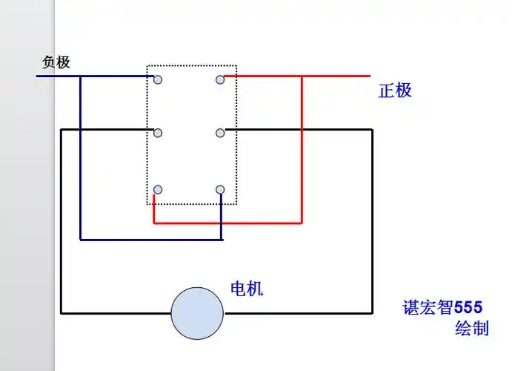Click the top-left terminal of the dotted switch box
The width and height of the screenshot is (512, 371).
point(158,79)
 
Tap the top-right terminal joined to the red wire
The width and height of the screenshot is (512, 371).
point(220,79)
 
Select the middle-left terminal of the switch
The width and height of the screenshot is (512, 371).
point(158,133)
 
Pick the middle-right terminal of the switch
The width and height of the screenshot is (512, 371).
point(220,133)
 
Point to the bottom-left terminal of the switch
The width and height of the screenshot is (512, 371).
point(158,190)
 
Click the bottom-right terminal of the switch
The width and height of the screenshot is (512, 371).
point(220,190)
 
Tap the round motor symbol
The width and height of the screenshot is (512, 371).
point(197,313)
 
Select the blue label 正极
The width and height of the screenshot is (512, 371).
point(395,91)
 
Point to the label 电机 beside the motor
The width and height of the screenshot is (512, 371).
point(247,289)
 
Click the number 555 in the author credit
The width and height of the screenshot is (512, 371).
point(468,307)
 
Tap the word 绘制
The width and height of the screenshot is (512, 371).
point(471,329)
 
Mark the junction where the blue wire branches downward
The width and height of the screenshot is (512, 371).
point(80,76)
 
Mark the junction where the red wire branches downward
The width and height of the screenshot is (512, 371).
point(302,76)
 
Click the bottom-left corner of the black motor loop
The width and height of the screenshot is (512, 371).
point(61,313)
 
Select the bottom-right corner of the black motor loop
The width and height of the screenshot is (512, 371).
point(371,313)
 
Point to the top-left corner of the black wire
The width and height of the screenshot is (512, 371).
point(61,130)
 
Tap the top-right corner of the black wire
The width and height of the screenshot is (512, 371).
point(371,130)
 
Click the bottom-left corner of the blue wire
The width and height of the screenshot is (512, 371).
point(80,240)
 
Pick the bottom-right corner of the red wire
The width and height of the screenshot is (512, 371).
point(302,223)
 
